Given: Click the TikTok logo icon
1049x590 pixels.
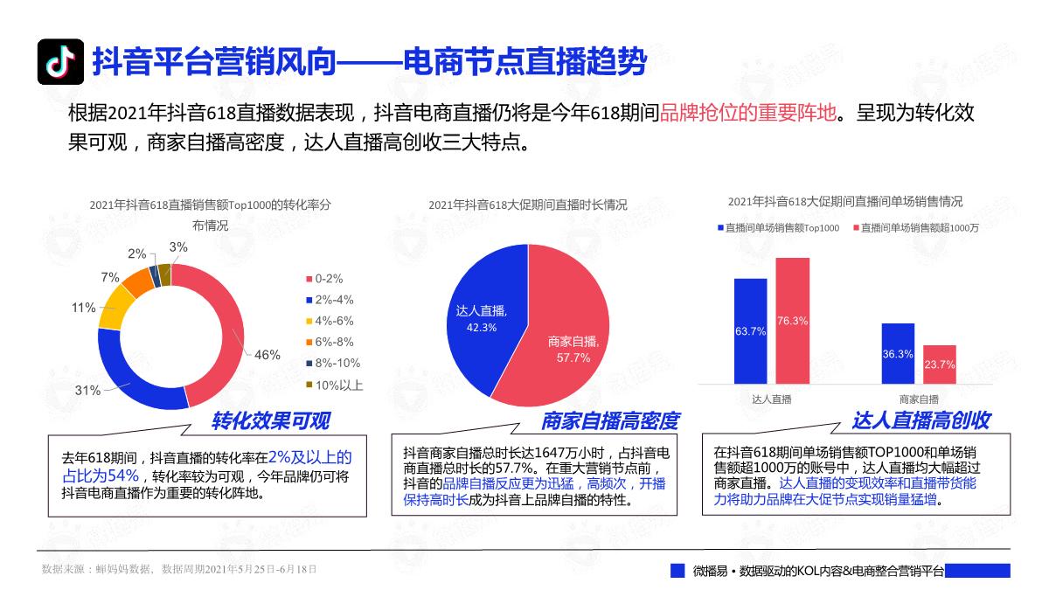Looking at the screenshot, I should coord(60,62).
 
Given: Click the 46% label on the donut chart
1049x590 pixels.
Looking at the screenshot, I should coord(267,355).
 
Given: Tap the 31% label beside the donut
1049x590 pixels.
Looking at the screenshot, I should coord(87,391).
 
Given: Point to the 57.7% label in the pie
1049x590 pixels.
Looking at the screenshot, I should coord(573,357).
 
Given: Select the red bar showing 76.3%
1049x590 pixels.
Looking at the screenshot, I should coord(793,320).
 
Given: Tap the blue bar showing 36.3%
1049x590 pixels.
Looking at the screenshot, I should coord(898,353).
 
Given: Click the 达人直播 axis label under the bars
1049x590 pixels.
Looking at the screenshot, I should coord(772,399).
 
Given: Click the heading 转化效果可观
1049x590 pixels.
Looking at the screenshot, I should coord(271,421).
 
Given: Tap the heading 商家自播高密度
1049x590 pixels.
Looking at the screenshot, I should coord(609,421).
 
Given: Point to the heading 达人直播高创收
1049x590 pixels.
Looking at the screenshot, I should coord(921,421).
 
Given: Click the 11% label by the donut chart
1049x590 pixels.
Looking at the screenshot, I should coord(84,308).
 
